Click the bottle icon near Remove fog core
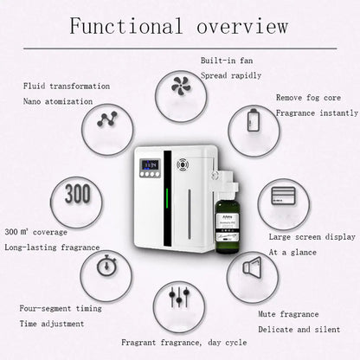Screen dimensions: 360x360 tap(254, 119)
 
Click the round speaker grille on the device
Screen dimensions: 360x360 tap(183, 164)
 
